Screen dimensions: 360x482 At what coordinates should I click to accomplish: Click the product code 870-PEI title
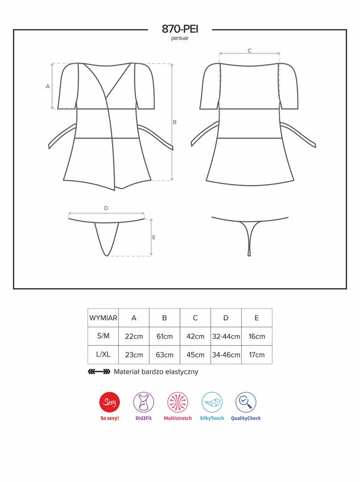(x=180, y=29)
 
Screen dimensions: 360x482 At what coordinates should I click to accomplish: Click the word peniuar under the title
(x=180, y=38)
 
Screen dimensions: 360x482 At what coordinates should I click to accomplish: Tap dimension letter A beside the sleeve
(x=47, y=87)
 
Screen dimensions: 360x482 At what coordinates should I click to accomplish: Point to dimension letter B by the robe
(x=175, y=122)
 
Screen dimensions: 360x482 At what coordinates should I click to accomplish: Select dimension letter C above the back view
(x=250, y=50)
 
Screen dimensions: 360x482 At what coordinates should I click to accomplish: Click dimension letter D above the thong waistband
(x=106, y=208)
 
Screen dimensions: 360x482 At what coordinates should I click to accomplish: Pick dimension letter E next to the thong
(x=154, y=237)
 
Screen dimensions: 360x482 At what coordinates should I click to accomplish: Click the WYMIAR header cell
(x=103, y=318)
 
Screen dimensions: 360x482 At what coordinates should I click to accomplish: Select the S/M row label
(x=103, y=336)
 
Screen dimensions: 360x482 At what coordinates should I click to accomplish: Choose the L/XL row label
(x=103, y=354)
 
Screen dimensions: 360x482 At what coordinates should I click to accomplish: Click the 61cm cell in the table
(x=164, y=336)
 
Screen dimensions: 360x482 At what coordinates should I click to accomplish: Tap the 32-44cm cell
(x=226, y=336)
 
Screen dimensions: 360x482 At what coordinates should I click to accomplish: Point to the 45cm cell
(x=196, y=355)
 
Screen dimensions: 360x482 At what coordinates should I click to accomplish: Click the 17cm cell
(x=257, y=355)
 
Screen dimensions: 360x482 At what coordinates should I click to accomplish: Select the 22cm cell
(x=134, y=336)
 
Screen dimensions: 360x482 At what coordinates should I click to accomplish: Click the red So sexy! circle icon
(x=110, y=402)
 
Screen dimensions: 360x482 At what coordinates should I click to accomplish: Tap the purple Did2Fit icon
(x=143, y=402)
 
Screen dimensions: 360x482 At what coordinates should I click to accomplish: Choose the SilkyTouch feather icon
(x=212, y=402)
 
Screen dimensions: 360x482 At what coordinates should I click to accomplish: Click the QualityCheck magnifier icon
(x=246, y=402)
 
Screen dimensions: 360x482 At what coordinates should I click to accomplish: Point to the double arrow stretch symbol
(x=99, y=372)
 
